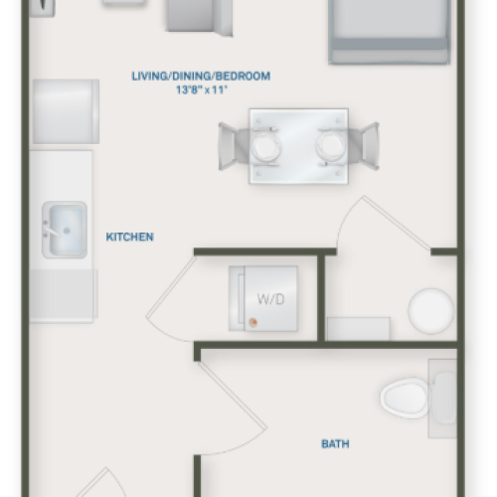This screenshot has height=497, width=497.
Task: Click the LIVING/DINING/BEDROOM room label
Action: pyautogui.click(x=202, y=76)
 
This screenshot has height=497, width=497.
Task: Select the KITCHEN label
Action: pyautogui.click(x=129, y=237)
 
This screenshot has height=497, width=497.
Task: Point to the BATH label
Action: pyautogui.click(x=335, y=444)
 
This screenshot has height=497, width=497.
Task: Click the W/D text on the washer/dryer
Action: pyautogui.click(x=269, y=297)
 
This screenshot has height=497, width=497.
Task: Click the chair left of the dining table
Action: pyautogui.click(x=234, y=145)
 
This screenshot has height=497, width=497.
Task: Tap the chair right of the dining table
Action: pyautogui.click(x=364, y=145)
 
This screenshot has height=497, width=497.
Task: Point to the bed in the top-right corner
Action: pyautogui.click(x=388, y=30)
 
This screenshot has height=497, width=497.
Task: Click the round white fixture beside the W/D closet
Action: pyautogui.click(x=430, y=310)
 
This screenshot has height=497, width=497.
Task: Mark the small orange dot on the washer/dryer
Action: pyautogui.click(x=252, y=321)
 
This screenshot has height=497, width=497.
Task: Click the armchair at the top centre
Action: pyautogui.click(x=199, y=17)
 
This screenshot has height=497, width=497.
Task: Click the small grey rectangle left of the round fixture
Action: pyautogui.click(x=358, y=329)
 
